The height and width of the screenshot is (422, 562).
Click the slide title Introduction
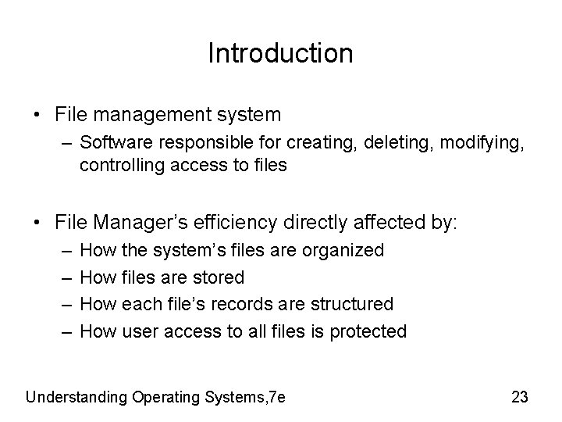click(x=280, y=53)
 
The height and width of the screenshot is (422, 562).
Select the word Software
click(x=115, y=143)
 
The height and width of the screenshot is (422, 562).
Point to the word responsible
click(x=197, y=143)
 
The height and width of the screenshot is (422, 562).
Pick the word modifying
click(x=444, y=143)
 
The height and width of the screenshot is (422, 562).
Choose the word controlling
click(x=118, y=164)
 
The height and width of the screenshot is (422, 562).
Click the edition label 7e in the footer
click(x=276, y=396)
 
